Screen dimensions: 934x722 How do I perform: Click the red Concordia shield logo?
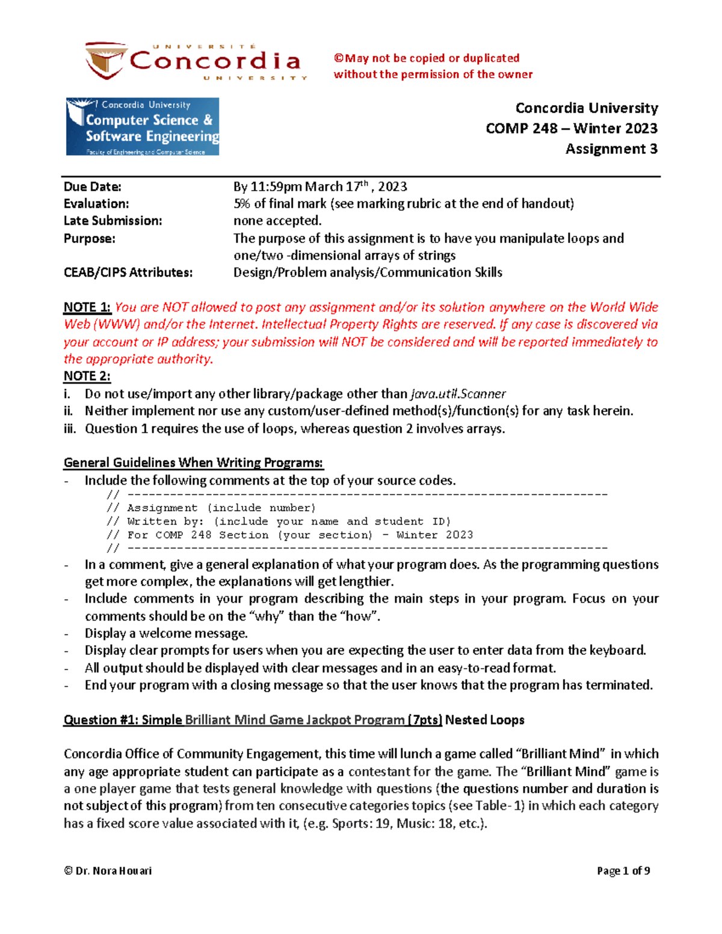(106, 60)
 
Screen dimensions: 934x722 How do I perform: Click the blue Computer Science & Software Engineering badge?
(143, 127)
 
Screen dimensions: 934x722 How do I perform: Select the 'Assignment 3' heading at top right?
(611, 149)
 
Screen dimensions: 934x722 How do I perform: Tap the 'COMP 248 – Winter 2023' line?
(571, 128)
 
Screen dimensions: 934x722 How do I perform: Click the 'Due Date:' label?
(93, 186)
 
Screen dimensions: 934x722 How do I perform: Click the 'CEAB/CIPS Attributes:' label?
(128, 272)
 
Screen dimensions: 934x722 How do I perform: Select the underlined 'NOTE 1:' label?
(87, 307)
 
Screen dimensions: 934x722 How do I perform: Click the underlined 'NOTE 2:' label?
(87, 376)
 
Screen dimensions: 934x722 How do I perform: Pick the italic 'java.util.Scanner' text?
(458, 394)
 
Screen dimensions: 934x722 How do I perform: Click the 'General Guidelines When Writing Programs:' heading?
(193, 462)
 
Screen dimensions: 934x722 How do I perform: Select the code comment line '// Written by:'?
(278, 521)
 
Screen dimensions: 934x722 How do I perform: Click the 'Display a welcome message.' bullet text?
(166, 633)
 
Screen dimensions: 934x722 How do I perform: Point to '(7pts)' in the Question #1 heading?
(425, 720)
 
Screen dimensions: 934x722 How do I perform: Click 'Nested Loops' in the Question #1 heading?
(484, 720)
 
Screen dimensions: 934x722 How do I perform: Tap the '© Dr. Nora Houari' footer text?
(108, 871)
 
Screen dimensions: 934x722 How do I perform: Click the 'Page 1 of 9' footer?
(623, 871)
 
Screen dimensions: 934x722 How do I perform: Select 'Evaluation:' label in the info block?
(96, 204)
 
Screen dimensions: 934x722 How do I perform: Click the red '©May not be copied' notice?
(427, 58)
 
